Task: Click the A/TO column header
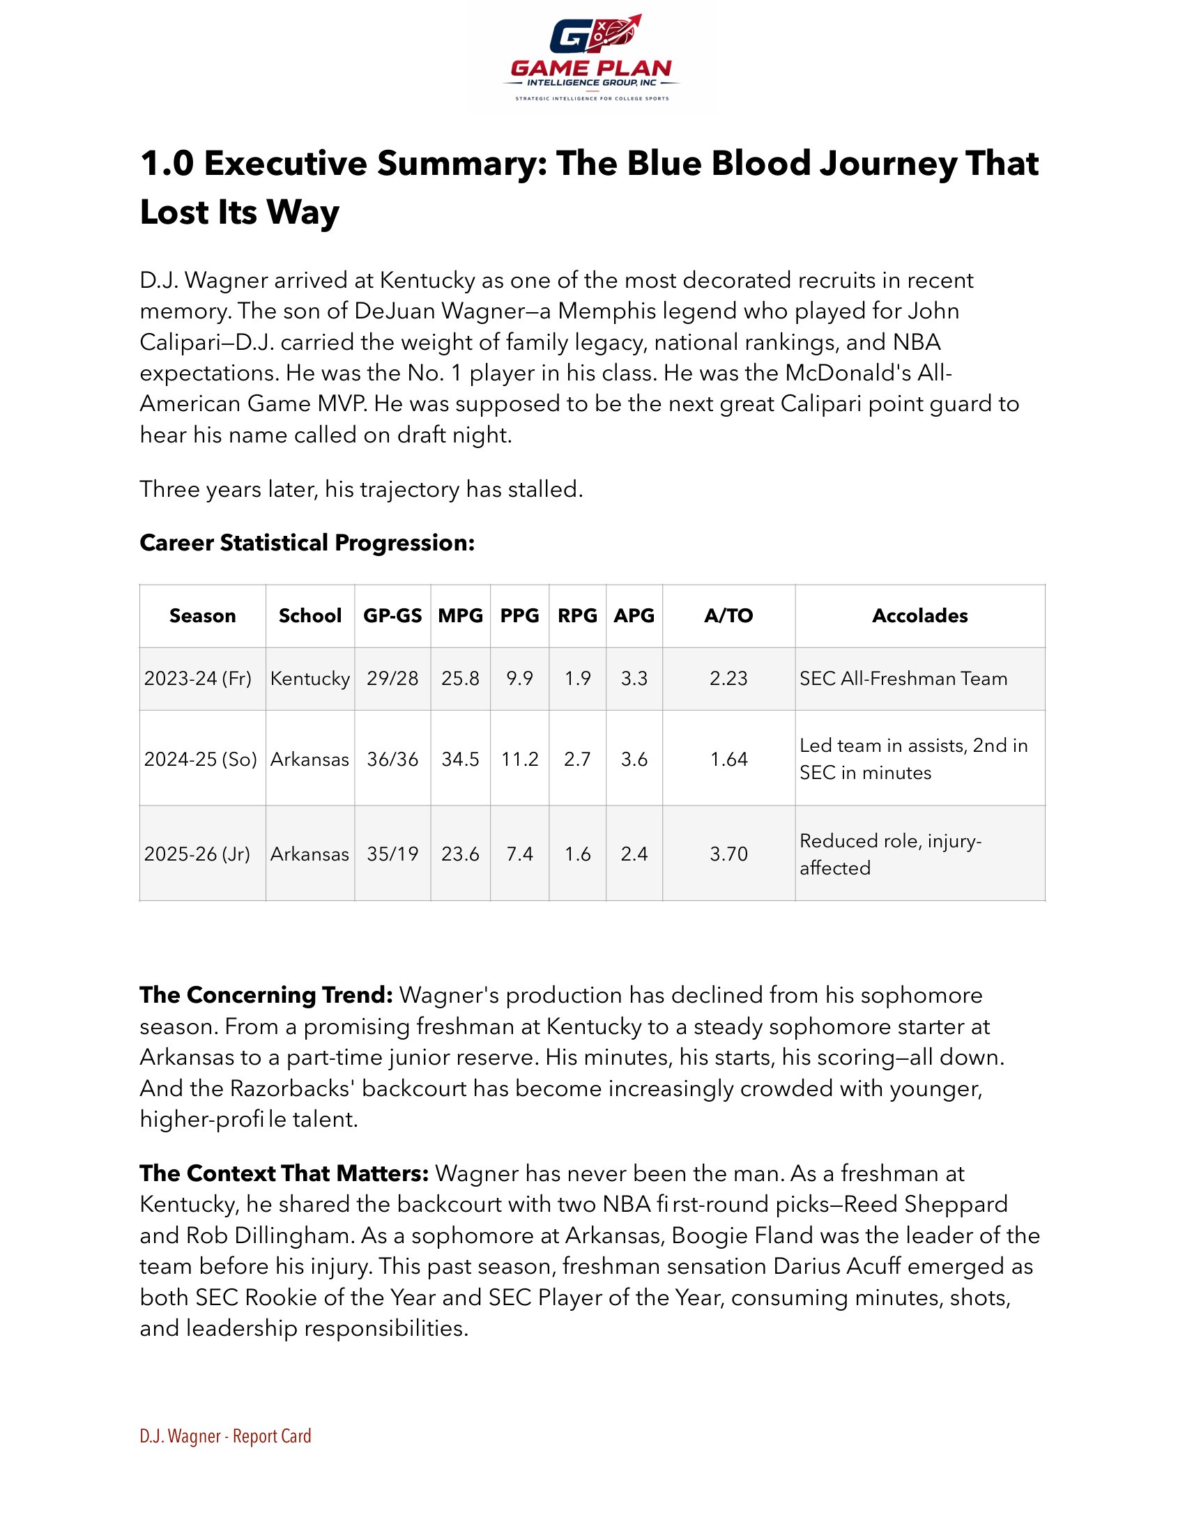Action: click(728, 615)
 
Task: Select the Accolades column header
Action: click(919, 615)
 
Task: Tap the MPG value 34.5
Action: click(460, 759)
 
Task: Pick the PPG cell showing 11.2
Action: click(519, 759)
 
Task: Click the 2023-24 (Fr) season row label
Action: click(198, 678)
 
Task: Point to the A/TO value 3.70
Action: click(728, 854)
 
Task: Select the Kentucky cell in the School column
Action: click(309, 678)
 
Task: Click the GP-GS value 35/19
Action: click(392, 854)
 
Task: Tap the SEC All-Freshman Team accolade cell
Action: click(903, 678)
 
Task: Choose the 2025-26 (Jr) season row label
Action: click(197, 854)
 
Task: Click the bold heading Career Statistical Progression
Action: click(307, 543)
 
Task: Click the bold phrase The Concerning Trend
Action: click(266, 994)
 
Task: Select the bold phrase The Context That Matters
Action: click(284, 1173)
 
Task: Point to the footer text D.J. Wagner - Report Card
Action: click(225, 1436)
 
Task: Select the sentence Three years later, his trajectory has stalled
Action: click(361, 488)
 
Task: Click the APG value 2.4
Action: click(634, 854)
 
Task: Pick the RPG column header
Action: click(577, 615)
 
